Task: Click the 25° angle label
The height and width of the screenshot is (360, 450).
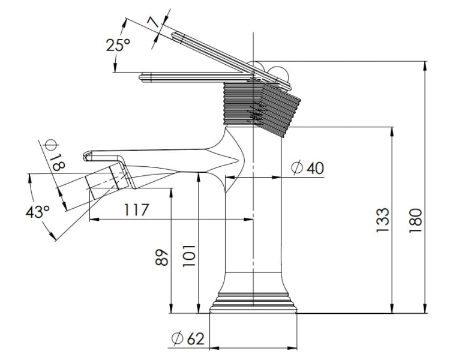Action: (x=118, y=45)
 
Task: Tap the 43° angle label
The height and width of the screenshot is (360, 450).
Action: (x=38, y=212)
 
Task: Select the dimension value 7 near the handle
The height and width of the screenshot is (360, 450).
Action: (x=154, y=22)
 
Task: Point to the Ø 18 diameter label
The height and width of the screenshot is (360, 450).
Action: (x=54, y=155)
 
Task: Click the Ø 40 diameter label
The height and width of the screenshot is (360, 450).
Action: (x=307, y=168)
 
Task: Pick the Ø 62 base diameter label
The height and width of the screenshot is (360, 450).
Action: (x=188, y=339)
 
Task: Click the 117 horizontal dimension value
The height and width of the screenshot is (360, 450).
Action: (x=137, y=210)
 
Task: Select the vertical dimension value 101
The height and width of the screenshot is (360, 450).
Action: (x=189, y=256)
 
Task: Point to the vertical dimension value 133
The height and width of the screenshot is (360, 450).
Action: (x=383, y=220)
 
